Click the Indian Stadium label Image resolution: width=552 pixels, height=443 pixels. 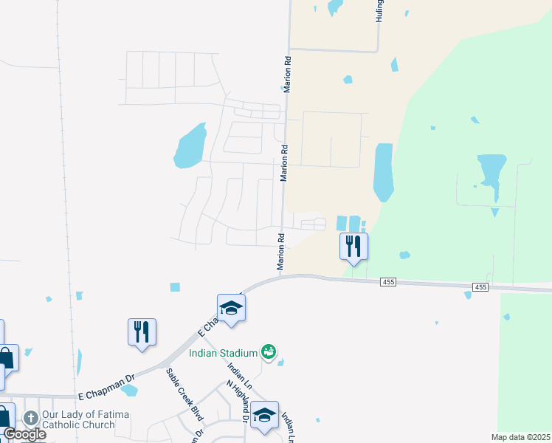[223, 353]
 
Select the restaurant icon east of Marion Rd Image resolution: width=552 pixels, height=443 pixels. [353, 247]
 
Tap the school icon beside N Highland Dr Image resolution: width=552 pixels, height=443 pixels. [264, 415]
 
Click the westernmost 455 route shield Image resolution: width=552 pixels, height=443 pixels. [388, 282]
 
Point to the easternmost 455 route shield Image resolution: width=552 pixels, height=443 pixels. [480, 286]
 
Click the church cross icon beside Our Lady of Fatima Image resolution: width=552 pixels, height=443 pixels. [30, 418]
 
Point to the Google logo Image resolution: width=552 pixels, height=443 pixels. [24, 434]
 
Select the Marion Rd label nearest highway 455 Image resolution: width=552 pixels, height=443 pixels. [281, 253]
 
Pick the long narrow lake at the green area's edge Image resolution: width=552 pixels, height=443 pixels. [383, 171]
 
